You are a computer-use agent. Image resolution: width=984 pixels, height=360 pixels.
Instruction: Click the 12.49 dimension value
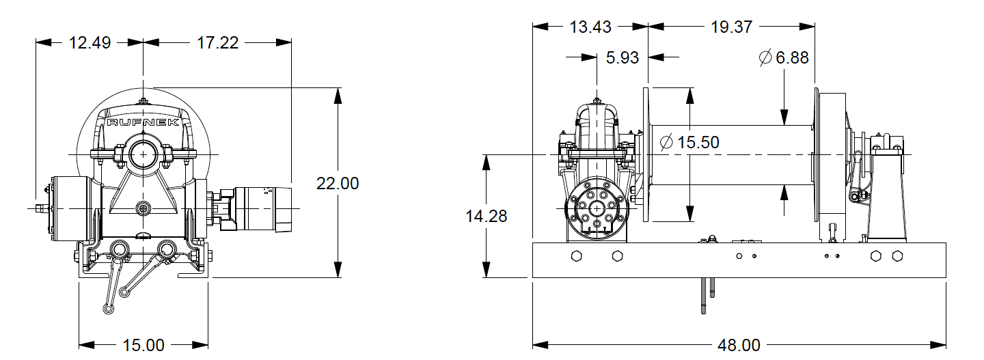coord(90,42)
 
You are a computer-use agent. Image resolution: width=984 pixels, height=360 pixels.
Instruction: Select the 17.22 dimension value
coord(217,42)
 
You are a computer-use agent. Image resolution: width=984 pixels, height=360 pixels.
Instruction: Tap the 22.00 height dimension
coord(338,183)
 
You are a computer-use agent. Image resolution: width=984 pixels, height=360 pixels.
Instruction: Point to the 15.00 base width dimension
coord(144,345)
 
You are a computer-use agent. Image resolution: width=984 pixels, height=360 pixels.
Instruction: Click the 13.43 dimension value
coord(590,27)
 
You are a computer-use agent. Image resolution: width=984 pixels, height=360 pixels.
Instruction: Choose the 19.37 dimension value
coord(730,27)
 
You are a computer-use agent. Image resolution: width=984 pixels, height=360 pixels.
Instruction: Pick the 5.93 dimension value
coord(623,57)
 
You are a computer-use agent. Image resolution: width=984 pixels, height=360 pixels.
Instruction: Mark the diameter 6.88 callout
coord(784,57)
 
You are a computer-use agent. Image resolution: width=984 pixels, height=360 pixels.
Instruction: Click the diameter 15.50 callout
coord(689,142)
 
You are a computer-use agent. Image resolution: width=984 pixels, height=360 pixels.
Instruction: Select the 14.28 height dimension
coord(487,216)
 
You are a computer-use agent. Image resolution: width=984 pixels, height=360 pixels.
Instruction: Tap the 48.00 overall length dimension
coord(738,345)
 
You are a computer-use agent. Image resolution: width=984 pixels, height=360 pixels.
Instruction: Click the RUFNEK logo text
coord(143,122)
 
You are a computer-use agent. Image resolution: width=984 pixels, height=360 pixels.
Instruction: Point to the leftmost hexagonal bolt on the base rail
coord(576,256)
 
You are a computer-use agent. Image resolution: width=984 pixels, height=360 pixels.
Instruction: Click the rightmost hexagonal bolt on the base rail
coord(897,256)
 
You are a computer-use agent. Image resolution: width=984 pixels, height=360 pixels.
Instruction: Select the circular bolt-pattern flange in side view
coord(597,210)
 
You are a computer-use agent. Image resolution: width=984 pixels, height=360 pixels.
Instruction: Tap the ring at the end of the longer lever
coord(108,309)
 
